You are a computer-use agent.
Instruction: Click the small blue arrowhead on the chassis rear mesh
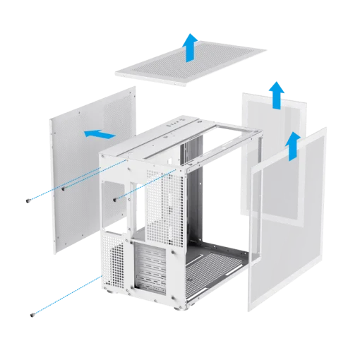(140, 187)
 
